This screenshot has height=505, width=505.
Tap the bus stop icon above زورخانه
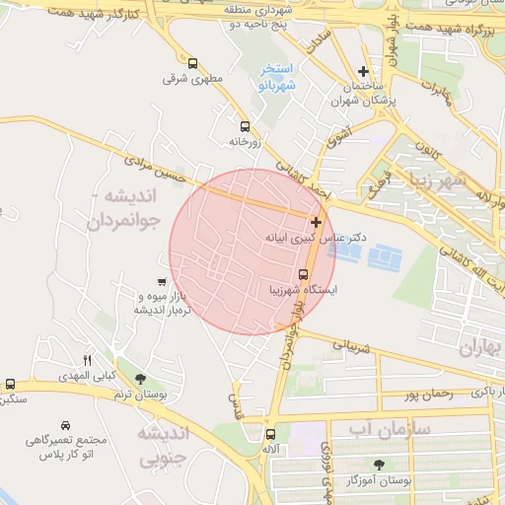click(x=245, y=126)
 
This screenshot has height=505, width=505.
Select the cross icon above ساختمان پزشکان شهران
click(x=364, y=71)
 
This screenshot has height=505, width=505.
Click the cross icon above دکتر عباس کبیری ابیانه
click(x=316, y=222)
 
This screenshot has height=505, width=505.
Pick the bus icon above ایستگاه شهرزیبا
click(x=303, y=275)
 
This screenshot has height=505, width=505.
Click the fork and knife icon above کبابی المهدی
click(x=87, y=360)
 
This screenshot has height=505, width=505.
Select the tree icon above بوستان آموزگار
click(x=380, y=464)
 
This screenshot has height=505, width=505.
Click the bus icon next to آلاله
click(x=271, y=434)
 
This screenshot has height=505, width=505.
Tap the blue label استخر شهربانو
click(x=278, y=77)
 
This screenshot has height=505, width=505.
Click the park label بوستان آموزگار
click(x=380, y=480)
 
